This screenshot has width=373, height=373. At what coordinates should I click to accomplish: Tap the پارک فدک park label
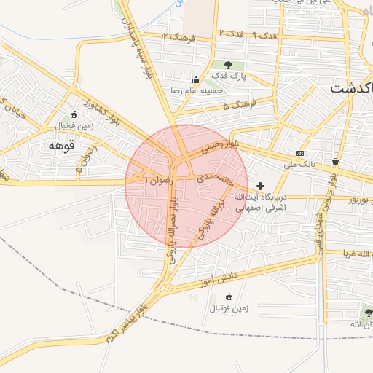(230, 75)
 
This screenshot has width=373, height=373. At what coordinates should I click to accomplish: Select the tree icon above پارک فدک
(230, 66)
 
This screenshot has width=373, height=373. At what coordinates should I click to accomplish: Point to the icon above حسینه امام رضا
(195, 79)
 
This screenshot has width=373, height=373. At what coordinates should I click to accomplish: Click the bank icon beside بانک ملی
(299, 153)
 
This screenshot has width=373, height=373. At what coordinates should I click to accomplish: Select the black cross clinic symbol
(261, 186)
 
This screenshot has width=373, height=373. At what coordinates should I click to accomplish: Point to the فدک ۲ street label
(230, 34)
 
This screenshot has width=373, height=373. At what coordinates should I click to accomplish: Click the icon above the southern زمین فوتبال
(229, 297)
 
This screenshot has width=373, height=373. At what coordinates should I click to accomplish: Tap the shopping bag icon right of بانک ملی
(335, 161)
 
